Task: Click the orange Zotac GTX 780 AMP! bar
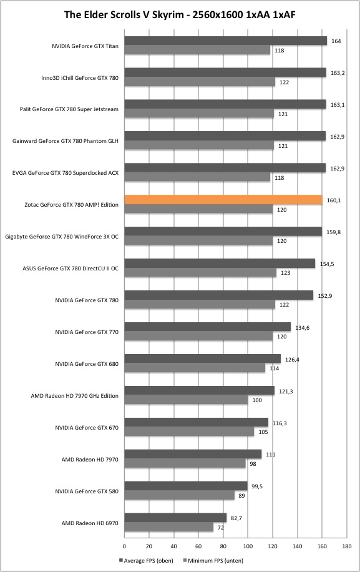click(x=223, y=200)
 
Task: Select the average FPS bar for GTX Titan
click(x=226, y=41)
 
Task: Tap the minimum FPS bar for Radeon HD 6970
click(x=169, y=527)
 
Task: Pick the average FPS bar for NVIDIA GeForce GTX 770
click(x=208, y=327)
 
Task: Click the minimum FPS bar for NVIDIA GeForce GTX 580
click(x=180, y=495)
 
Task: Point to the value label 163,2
click(x=338, y=73)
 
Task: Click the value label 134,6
click(x=303, y=328)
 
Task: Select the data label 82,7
click(x=235, y=518)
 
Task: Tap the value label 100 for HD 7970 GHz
click(x=257, y=400)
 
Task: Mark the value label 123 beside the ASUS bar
click(x=285, y=273)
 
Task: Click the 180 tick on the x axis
click(x=346, y=546)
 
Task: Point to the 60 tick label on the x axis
click(x=198, y=546)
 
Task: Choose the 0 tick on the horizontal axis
click(x=125, y=546)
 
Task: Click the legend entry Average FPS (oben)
click(x=146, y=560)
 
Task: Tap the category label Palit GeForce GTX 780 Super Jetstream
click(x=69, y=109)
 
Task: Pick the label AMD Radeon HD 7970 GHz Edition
click(x=75, y=396)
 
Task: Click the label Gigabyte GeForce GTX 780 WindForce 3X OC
click(x=62, y=237)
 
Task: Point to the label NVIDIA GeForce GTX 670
click(x=87, y=428)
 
